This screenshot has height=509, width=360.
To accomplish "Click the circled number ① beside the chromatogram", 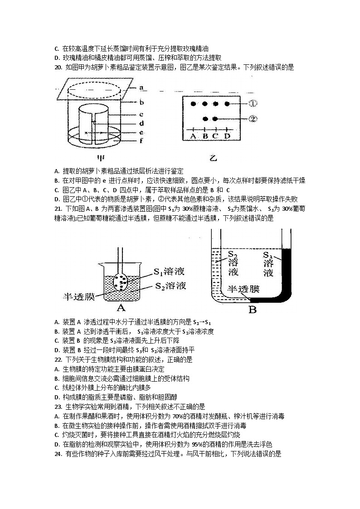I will click(253, 103).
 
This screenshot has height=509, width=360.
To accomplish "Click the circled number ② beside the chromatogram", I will click(253, 119).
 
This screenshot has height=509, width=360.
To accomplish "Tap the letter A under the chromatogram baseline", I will click(193, 136).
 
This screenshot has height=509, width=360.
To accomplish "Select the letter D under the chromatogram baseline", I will click(227, 136).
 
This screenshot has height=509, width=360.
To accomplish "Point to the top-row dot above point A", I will click(193, 104).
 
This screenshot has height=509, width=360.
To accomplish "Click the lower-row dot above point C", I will click(215, 119).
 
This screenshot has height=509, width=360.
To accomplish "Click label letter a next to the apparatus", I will click(141, 87).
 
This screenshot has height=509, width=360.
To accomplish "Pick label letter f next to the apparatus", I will click(141, 141).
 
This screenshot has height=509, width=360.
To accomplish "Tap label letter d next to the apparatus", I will click(141, 123).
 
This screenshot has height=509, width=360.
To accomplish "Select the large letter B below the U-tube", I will click(253, 310).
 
